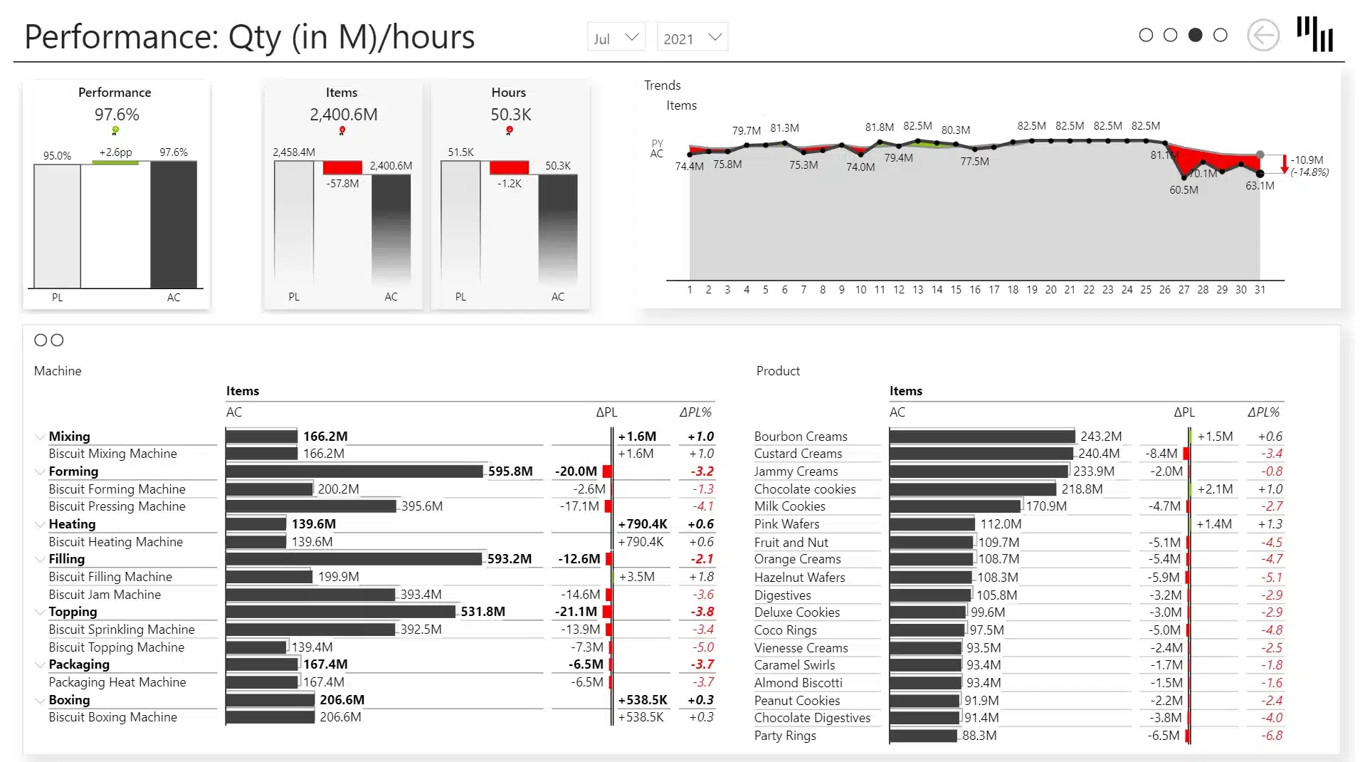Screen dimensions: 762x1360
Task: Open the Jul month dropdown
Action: pyautogui.click(x=616, y=38)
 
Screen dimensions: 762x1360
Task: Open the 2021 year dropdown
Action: pyautogui.click(x=692, y=38)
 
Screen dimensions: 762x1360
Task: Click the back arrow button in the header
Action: pyautogui.click(x=1263, y=36)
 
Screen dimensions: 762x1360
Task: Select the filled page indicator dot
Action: pyautogui.click(x=1196, y=35)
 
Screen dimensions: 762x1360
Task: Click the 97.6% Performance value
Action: pyautogui.click(x=117, y=115)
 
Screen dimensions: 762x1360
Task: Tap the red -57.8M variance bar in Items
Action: pyautogui.click(x=342, y=167)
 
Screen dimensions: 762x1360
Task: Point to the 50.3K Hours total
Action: pyautogui.click(x=510, y=115)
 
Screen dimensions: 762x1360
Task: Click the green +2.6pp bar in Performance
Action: pyautogui.click(x=115, y=162)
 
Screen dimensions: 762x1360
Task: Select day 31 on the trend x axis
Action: pyautogui.click(x=1260, y=290)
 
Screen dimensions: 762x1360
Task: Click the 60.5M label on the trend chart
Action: pyautogui.click(x=1184, y=190)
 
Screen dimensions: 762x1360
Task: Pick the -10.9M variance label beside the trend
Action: pyautogui.click(x=1307, y=160)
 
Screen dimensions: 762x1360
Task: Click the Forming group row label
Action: pyautogui.click(x=73, y=471)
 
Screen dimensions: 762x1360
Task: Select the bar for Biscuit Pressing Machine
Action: pyautogui.click(x=311, y=506)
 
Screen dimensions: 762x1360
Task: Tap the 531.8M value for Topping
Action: pyautogui.click(x=483, y=612)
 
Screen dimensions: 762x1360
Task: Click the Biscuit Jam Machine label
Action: pyautogui.click(x=105, y=595)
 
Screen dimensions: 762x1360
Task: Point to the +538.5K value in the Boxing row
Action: pyautogui.click(x=643, y=700)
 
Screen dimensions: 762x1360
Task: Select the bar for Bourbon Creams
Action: pyautogui.click(x=982, y=437)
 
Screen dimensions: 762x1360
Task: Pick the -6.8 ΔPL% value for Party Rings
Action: pyautogui.click(x=1271, y=736)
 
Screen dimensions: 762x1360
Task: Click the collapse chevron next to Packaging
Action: pyautogui.click(x=40, y=665)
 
